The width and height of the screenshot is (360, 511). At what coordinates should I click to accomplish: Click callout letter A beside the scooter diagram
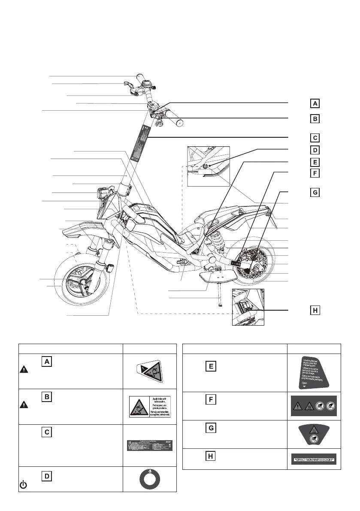tap(315, 103)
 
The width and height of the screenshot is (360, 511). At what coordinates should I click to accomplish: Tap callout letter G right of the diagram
tap(315, 193)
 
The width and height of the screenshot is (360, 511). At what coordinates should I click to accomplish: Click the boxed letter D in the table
tap(47, 476)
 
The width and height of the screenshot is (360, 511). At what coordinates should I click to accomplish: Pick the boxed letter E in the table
tap(211, 366)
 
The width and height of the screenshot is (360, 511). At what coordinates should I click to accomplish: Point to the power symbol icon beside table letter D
tap(24, 485)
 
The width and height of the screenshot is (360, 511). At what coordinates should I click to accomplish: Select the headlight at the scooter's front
tap(103, 193)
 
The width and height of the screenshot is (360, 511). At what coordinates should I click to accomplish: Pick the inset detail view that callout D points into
tap(209, 166)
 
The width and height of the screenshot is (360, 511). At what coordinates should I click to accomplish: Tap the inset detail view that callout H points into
tap(248, 307)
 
